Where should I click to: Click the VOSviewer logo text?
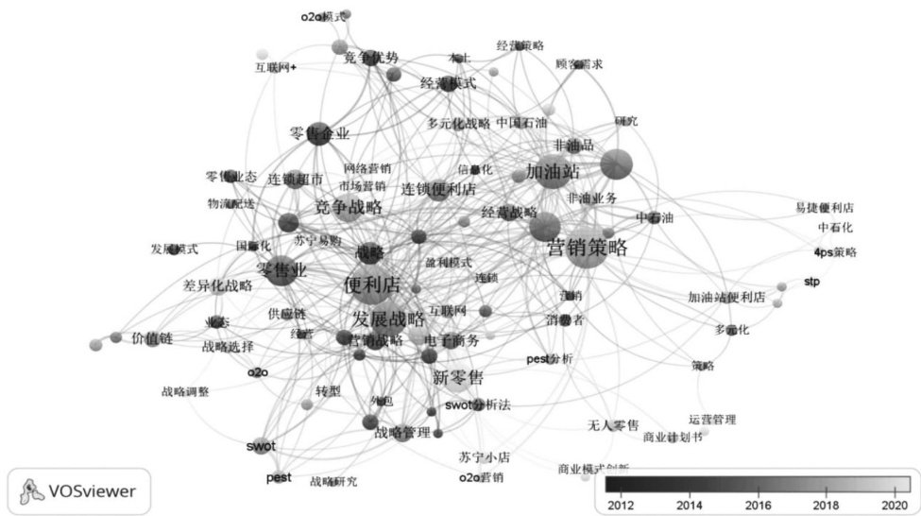tap(94, 490)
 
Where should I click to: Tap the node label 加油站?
tap(553, 172)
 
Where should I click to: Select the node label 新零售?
tap(458, 378)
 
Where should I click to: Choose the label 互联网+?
tap(276, 68)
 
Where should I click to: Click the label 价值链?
tap(150, 337)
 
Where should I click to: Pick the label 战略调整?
tap(184, 390)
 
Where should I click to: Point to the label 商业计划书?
tap(673, 438)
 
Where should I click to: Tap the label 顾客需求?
tap(579, 64)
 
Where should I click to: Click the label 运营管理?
tap(711, 420)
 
